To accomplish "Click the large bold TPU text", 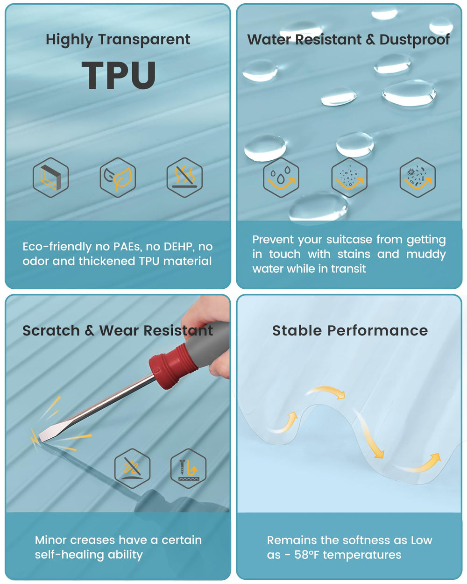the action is click(x=119, y=75).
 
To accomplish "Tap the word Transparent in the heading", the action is click(x=144, y=39).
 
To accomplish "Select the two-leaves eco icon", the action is click(x=118, y=178).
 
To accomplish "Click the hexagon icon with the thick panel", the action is click(x=51, y=178).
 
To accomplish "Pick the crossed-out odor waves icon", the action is click(x=184, y=178).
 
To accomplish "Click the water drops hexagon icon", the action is click(x=281, y=178).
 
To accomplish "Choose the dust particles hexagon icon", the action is click(x=349, y=178).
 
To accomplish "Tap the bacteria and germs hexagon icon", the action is click(x=417, y=178).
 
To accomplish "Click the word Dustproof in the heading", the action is click(x=414, y=40).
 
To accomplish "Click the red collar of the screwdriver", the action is click(x=174, y=365).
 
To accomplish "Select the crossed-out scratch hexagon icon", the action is click(x=133, y=469).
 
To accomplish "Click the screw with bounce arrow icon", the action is click(x=188, y=469).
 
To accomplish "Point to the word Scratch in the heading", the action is click(x=51, y=330).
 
